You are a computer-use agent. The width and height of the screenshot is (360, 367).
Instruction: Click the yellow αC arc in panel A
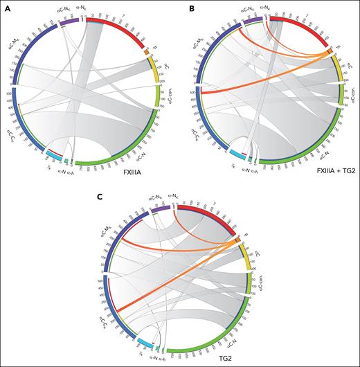coord(154,69)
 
